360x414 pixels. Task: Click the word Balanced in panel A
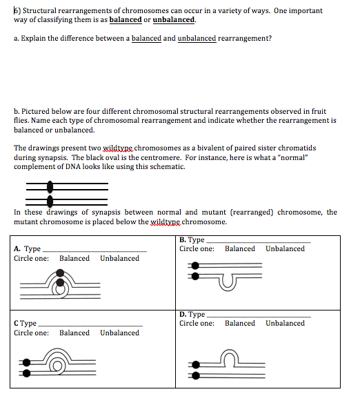(74, 259)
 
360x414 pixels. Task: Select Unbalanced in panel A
(119, 259)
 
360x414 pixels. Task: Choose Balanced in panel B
(240, 249)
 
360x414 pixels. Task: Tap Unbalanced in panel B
(285, 249)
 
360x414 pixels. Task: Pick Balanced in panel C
(74, 333)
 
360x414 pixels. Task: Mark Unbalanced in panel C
(119, 333)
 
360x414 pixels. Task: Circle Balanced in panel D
(240, 324)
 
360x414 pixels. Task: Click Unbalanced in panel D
(285, 324)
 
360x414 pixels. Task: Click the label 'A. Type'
(28, 249)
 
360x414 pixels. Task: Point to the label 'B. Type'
(192, 239)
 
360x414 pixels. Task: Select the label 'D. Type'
(192, 315)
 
